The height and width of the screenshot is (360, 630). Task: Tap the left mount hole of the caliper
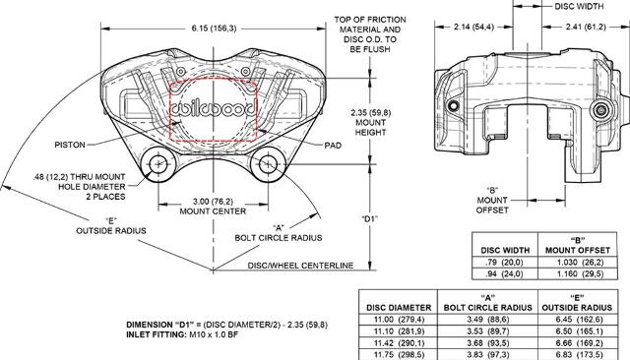(158, 163)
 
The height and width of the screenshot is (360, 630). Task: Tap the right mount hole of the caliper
(267, 163)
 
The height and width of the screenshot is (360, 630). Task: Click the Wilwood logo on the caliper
(214, 109)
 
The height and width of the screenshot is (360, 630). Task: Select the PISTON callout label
(70, 145)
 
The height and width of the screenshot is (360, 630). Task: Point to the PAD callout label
(333, 146)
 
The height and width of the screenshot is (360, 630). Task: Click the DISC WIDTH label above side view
(579, 6)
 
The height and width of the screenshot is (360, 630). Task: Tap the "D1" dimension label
(370, 219)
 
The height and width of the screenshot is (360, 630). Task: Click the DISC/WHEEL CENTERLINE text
(300, 266)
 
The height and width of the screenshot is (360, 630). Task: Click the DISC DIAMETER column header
(399, 308)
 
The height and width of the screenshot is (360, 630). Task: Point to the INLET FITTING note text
(182, 334)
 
